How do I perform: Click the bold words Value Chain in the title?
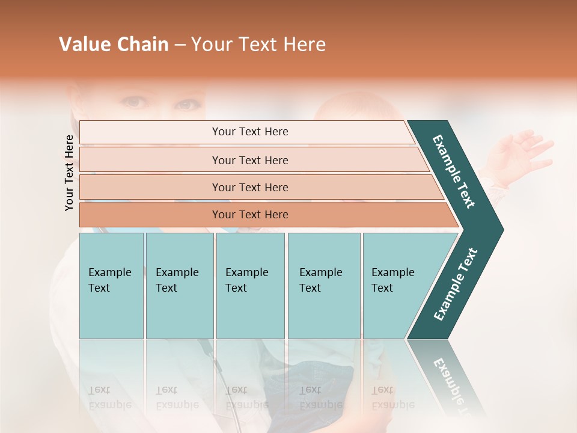[114, 45]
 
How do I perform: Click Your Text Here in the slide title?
[258, 45]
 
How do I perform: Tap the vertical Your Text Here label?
[69, 173]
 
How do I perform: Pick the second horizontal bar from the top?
[250, 160]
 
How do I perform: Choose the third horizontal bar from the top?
[250, 187]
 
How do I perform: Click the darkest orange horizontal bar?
[250, 215]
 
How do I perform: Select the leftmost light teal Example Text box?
[111, 286]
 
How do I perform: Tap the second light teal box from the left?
[179, 286]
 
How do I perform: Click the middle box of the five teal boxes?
[250, 286]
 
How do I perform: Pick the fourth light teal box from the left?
[323, 286]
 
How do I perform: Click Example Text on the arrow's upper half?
[454, 171]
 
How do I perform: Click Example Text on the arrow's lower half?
[455, 284]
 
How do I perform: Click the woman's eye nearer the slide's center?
[188, 105]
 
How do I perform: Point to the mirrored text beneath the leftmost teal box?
[111, 398]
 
